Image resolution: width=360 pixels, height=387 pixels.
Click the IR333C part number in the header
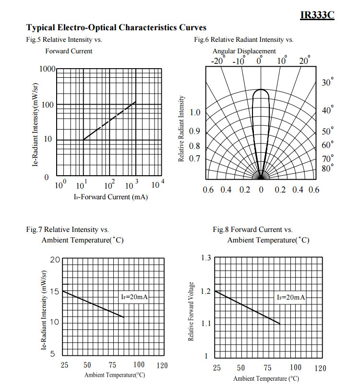(x=317, y=15)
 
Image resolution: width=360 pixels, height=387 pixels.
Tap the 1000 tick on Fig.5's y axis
(x=47, y=69)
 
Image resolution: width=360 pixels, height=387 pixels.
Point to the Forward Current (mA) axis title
(x=110, y=197)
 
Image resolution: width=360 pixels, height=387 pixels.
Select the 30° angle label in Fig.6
(x=327, y=83)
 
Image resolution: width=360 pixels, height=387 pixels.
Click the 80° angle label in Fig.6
(x=327, y=168)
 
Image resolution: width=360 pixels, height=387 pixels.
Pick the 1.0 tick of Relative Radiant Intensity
(x=195, y=113)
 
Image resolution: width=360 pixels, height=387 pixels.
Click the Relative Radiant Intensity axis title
(x=181, y=128)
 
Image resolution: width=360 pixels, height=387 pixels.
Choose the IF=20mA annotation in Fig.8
(x=291, y=297)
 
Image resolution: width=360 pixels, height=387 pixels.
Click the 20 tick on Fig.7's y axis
(x=55, y=260)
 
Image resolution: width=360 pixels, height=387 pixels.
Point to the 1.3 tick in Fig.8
(x=206, y=258)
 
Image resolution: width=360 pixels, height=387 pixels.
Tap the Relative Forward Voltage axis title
(x=191, y=312)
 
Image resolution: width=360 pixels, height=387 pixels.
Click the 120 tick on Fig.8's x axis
(x=320, y=368)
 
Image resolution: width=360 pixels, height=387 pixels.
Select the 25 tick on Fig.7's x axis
(x=64, y=365)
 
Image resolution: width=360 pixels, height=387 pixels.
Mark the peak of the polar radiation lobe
(x=261, y=89)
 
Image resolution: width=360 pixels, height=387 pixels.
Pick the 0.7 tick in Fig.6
(x=195, y=158)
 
